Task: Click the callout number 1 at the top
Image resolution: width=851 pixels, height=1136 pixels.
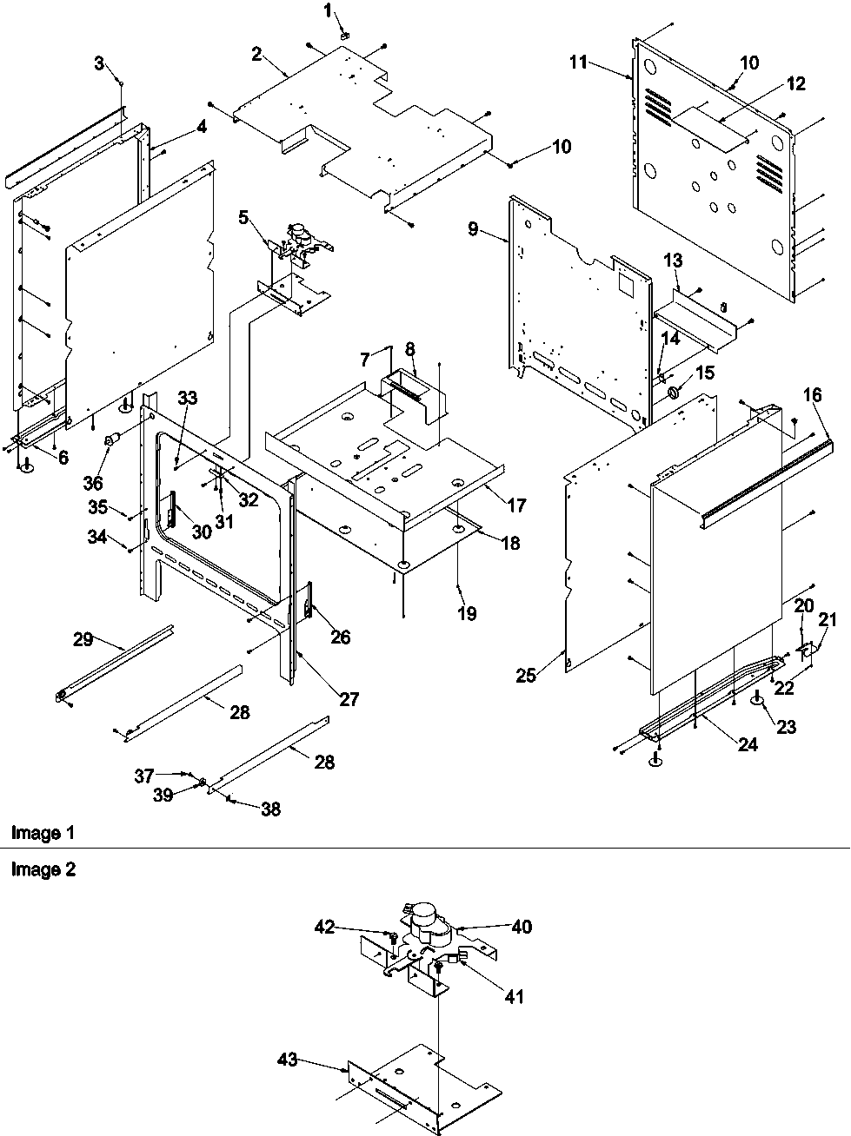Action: (x=328, y=10)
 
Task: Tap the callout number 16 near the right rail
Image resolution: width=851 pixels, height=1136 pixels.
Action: (x=811, y=396)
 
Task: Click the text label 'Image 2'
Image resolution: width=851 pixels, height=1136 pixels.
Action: (x=43, y=869)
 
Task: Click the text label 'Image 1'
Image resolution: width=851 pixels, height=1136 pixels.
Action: (x=43, y=833)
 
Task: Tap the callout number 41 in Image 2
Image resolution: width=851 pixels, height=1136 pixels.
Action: (x=515, y=997)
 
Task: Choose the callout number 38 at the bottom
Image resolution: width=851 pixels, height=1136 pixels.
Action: (x=270, y=809)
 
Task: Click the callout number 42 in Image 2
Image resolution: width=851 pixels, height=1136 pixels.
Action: (x=325, y=927)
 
